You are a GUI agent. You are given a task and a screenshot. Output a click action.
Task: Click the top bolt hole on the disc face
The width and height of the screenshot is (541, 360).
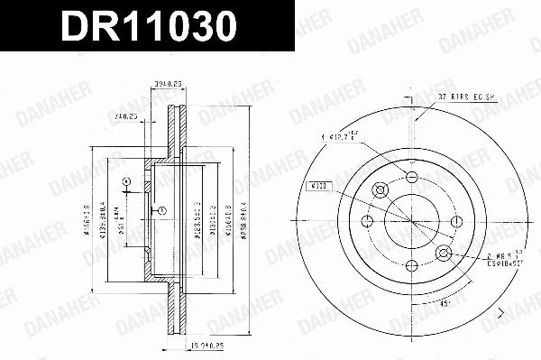(x=412, y=176)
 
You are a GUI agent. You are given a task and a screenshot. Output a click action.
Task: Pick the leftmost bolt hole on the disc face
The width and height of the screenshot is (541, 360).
(x=368, y=220)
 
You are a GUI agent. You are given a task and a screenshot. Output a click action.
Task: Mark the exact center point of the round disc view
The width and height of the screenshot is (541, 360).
(x=412, y=220)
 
